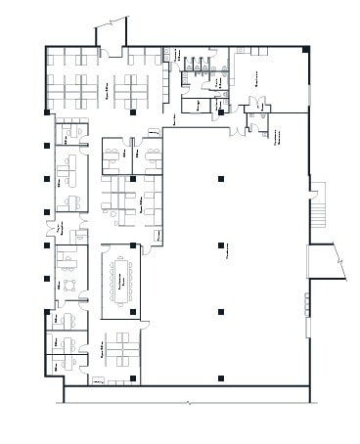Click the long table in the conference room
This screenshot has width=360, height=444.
tap(123, 281)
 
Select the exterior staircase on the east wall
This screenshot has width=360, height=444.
tap(317, 202)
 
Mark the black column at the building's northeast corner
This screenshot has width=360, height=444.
tap(306, 50)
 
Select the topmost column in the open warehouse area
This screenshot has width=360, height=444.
tap(221, 112)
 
